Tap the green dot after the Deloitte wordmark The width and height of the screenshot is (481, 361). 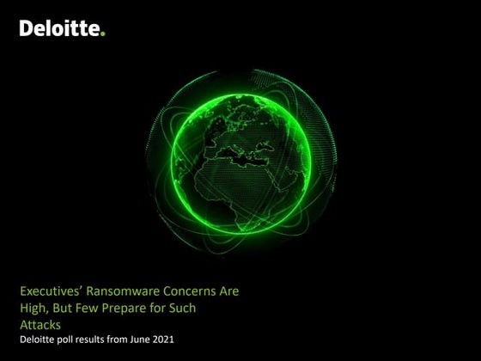pyautogui.click(x=104, y=34)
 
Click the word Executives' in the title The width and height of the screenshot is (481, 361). pyautogui.click(x=52, y=291)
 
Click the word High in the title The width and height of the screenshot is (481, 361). pyautogui.click(x=35, y=308)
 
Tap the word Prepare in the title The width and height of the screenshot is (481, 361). pyautogui.click(x=142, y=308)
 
